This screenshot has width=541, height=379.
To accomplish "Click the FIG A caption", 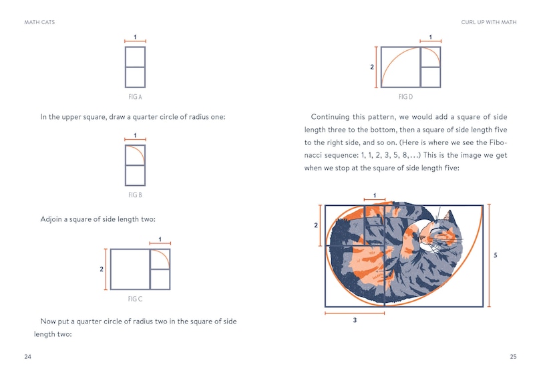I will pyautogui.click(x=135, y=97).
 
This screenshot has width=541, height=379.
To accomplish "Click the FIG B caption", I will pyautogui.click(x=135, y=195).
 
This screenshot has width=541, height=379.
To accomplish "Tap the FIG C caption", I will pyautogui.click(x=135, y=299).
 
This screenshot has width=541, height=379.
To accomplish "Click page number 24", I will pyautogui.click(x=27, y=357).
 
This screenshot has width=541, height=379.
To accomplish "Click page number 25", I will pyautogui.click(x=513, y=357).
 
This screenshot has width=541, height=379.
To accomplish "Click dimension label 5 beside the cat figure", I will pyautogui.click(x=495, y=255).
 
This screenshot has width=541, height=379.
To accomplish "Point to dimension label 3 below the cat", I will pyautogui.click(x=354, y=321).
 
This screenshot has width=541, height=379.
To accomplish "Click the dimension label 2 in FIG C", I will pyautogui.click(x=102, y=269).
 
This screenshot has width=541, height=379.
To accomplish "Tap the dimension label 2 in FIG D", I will pyautogui.click(x=372, y=68).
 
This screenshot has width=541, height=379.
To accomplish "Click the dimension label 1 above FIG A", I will pyautogui.click(x=135, y=37).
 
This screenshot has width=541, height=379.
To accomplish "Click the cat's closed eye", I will pyautogui.click(x=438, y=235).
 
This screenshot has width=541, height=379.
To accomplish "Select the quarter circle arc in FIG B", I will pyautogui.click(x=139, y=153).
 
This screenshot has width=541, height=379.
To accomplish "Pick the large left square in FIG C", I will pyautogui.click(x=130, y=269).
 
